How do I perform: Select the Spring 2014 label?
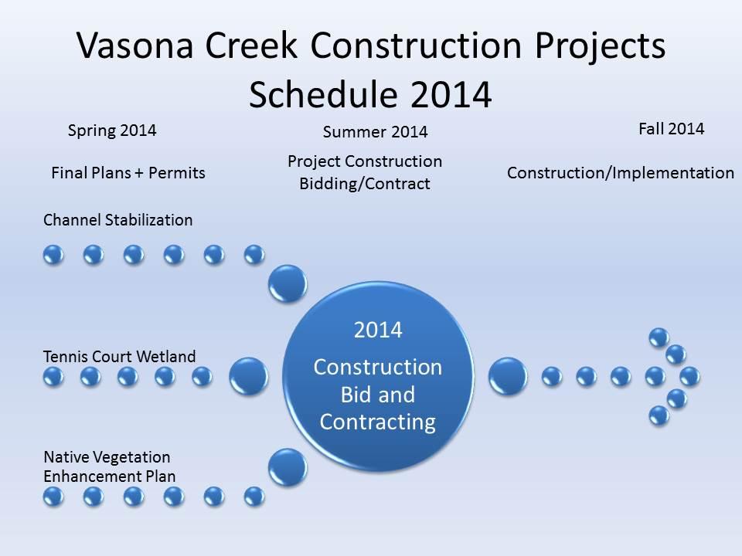111,131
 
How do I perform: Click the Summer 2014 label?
376,132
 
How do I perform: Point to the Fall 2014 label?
672,129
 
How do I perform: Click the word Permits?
176,172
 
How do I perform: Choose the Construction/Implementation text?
621,173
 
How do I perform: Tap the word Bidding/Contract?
365,184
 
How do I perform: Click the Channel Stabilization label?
117,220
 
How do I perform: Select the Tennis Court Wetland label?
119,356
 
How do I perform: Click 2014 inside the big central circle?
378,330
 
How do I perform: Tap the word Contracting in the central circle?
378,422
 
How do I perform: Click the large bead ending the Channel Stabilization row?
288,283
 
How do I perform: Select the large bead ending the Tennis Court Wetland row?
248,376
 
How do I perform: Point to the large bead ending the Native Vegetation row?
288,468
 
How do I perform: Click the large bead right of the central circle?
508,376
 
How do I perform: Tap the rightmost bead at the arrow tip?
689,377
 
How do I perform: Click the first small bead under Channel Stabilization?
53,255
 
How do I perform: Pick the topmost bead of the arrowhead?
659,338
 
